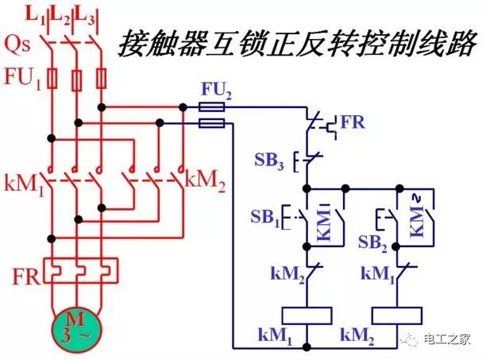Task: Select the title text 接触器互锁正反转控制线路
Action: (297, 42)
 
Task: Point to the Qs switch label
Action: (17, 45)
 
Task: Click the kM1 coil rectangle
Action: (307, 312)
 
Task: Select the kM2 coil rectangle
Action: (395, 312)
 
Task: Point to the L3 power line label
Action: (92, 15)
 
